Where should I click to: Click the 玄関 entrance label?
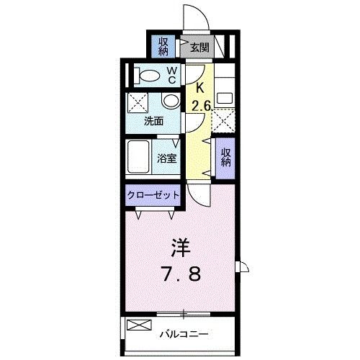[x=200, y=48]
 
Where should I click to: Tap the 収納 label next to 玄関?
[x=163, y=47]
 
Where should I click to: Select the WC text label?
[x=173, y=75]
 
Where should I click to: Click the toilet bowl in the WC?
[x=148, y=75]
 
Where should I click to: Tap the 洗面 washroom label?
[x=153, y=120]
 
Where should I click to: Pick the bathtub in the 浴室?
[x=138, y=156]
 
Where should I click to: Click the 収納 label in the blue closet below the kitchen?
[x=226, y=157]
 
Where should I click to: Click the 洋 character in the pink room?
[x=180, y=248]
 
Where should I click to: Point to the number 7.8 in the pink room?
[x=181, y=275]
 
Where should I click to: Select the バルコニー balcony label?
[x=184, y=335]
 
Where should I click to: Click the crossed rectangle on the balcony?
[x=135, y=326]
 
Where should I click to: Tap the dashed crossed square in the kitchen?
[x=225, y=120]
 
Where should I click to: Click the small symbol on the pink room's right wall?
[x=243, y=269]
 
